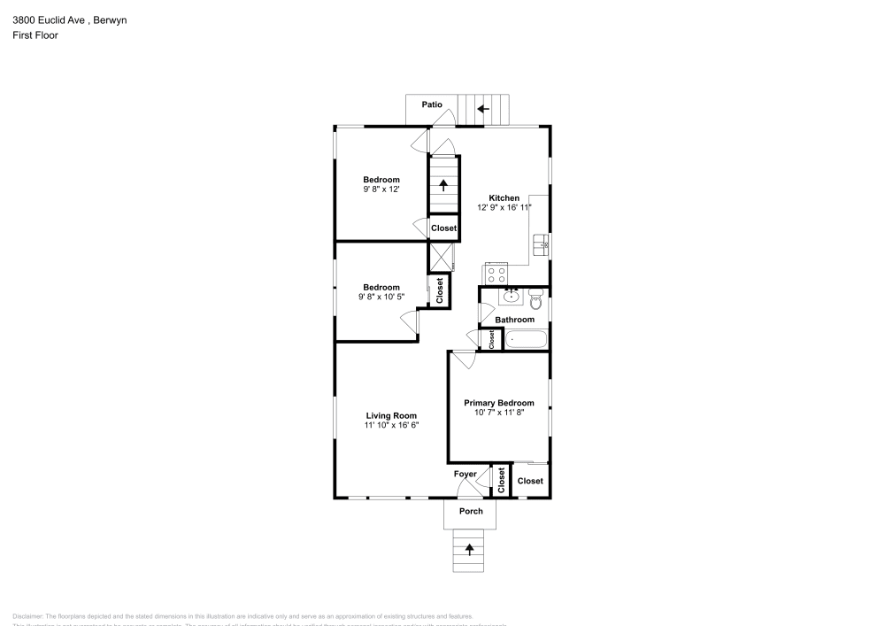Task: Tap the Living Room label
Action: pyautogui.click(x=391, y=415)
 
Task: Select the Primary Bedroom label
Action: pyautogui.click(x=499, y=403)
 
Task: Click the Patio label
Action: pyautogui.click(x=432, y=105)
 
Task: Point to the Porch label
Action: pyautogui.click(x=471, y=512)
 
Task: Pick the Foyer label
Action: pyautogui.click(x=466, y=475)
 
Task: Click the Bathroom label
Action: pyautogui.click(x=514, y=320)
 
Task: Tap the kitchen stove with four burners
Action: pyautogui.click(x=496, y=275)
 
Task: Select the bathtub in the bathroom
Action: pyautogui.click(x=526, y=339)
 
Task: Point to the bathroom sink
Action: pyautogui.click(x=511, y=297)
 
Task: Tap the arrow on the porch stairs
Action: pyautogui.click(x=469, y=549)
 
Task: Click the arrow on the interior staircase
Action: pyautogui.click(x=444, y=185)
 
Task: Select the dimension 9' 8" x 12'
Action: pyautogui.click(x=381, y=189)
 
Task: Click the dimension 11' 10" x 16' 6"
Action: pyautogui.click(x=391, y=425)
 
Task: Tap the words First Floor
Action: pyautogui.click(x=35, y=35)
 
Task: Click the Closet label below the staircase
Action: pyautogui.click(x=444, y=228)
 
